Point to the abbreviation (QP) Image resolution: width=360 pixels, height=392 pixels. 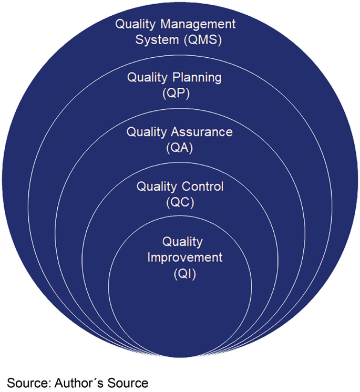pyautogui.click(x=179, y=94)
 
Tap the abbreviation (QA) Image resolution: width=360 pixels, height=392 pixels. pyautogui.click(x=179, y=148)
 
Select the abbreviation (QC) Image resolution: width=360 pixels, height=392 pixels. pyautogui.click(x=179, y=202)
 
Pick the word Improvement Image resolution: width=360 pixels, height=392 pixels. pyautogui.click(x=185, y=257)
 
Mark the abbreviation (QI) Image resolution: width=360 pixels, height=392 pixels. pyautogui.click(x=179, y=274)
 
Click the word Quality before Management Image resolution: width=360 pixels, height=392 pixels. pyautogui.click(x=136, y=24)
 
